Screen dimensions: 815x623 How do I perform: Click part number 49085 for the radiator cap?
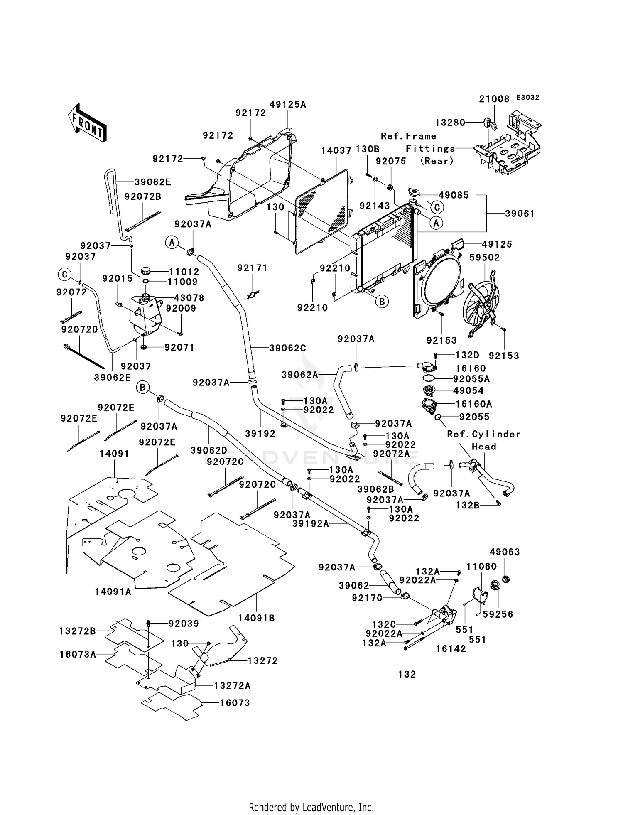coord(454,195)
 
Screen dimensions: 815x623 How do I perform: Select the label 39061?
coord(520,214)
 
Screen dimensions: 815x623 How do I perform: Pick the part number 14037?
coord(336,150)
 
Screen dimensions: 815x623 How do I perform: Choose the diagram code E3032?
coord(527,98)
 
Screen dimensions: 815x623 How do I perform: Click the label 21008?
coord(494,99)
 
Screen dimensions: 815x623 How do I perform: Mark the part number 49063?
coord(504,552)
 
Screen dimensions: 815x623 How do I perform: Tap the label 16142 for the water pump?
coord(451,649)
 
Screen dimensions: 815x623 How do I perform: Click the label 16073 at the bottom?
coord(235,703)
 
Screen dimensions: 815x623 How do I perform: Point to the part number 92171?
coord(252,268)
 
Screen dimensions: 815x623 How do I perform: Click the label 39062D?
coord(208,450)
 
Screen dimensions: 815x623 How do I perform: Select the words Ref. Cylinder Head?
coord(483,440)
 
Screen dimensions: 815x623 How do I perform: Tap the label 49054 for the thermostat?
coord(468,390)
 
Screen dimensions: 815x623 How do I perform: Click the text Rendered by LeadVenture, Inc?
coord(311,807)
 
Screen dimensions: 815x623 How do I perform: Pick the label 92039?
coord(184,624)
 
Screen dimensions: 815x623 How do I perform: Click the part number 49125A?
coord(287,105)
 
